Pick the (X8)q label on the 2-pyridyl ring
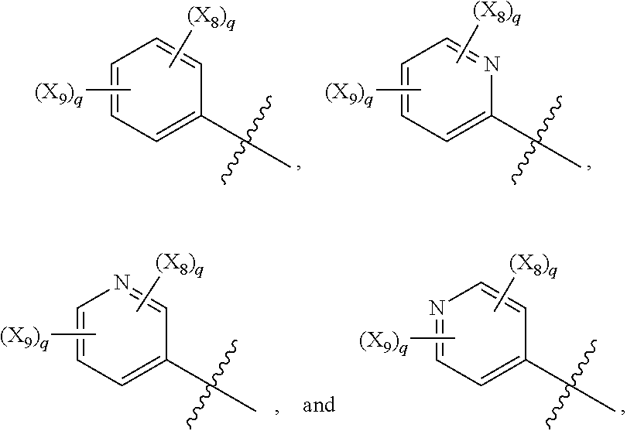pyautogui.click(x=492, y=14)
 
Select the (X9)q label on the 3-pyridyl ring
pyautogui.click(x=26, y=337)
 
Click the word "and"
pyautogui.click(x=319, y=405)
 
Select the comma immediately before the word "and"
pyautogui.click(x=276, y=408)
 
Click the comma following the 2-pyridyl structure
pyautogui.click(x=590, y=165)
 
